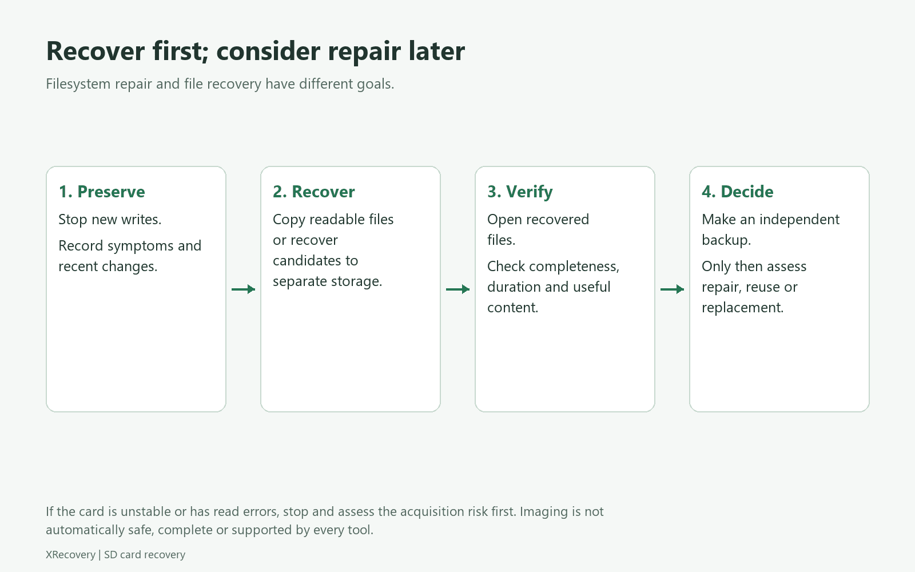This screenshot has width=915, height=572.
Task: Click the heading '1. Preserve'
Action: pos(102,192)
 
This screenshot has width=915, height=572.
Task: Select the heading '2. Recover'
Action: pos(314,192)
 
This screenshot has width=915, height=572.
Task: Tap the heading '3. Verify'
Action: pos(520,192)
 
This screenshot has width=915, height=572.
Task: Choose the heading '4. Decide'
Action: pos(737,192)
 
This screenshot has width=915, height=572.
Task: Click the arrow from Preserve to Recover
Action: pos(244,289)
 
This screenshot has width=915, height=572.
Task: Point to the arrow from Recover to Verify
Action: pos(458,289)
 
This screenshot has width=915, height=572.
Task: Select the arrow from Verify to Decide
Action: pos(673,289)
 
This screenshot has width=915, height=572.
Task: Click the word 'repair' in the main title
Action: pos(364,52)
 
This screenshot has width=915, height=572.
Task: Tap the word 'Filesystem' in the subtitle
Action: pos(78,84)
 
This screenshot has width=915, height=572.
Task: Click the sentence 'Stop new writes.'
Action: pos(110,220)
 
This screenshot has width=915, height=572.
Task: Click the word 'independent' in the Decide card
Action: pos(799,220)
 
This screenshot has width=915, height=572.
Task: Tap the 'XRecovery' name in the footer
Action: pos(70,555)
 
